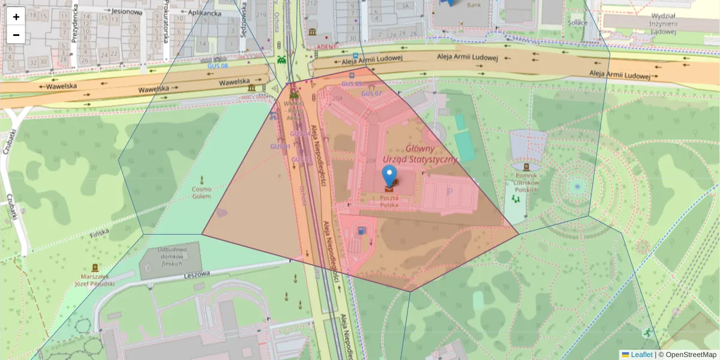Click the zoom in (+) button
(16, 17)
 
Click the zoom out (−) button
(16, 35)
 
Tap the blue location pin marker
(390, 176)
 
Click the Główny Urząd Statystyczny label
(431, 154)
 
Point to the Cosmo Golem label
(202, 193)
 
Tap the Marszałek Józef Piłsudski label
(94, 280)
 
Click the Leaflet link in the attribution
(641, 355)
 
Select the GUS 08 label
(217, 66)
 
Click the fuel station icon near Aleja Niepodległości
(361, 229)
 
